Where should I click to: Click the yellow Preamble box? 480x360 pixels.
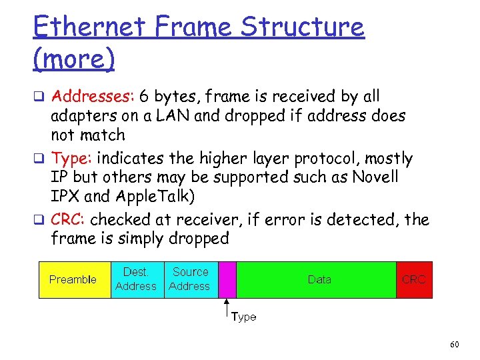point(73,279)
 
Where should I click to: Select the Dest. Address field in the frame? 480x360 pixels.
point(136,279)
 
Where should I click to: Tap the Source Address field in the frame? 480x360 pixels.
point(190,279)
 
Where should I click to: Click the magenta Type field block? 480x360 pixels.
point(227,279)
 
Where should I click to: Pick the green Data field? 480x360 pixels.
point(319,279)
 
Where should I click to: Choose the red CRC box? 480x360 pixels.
point(413,279)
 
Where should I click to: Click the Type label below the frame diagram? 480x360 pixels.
point(243,317)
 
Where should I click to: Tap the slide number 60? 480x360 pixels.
point(455,344)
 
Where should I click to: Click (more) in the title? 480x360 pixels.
point(73,59)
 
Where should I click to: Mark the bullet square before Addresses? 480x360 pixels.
point(38,98)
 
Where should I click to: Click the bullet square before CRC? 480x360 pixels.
point(38,221)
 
